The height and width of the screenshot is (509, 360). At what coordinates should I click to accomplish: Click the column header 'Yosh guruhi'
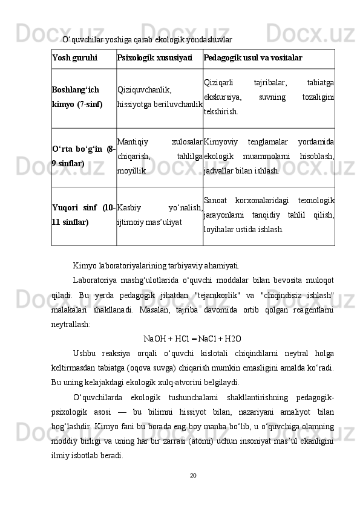tap(75, 58)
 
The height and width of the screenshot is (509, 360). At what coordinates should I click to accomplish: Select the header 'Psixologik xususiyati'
tap(154, 58)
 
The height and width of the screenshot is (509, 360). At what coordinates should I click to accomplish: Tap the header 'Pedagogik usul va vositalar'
tap(253, 58)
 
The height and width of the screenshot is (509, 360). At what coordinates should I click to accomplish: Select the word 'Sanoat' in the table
tap(215, 201)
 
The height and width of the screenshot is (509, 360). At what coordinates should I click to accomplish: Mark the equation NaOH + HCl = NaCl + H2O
tap(195, 337)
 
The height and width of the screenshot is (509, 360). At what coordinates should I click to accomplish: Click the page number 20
tap(192, 490)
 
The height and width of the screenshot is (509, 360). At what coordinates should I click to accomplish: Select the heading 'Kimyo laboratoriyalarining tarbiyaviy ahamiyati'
tap(156, 265)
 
